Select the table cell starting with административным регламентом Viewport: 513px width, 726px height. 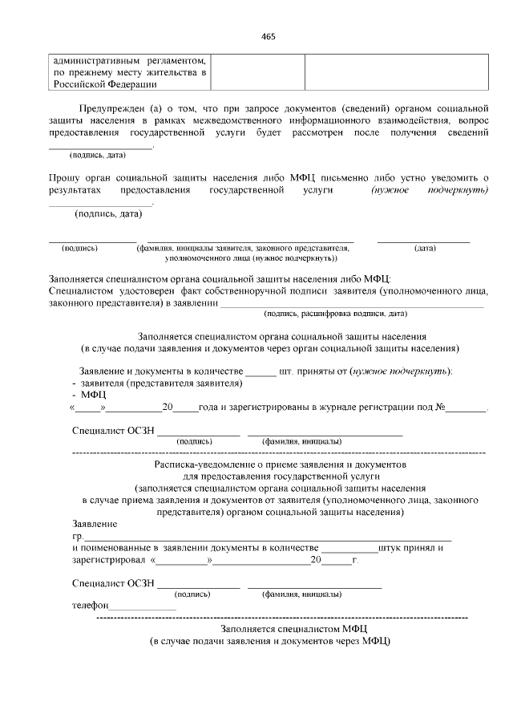(130, 72)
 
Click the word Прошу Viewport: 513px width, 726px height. (63, 176)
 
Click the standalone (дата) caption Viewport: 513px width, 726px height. (424, 249)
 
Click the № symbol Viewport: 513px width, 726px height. (440, 408)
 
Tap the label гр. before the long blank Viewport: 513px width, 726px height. (77, 536)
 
